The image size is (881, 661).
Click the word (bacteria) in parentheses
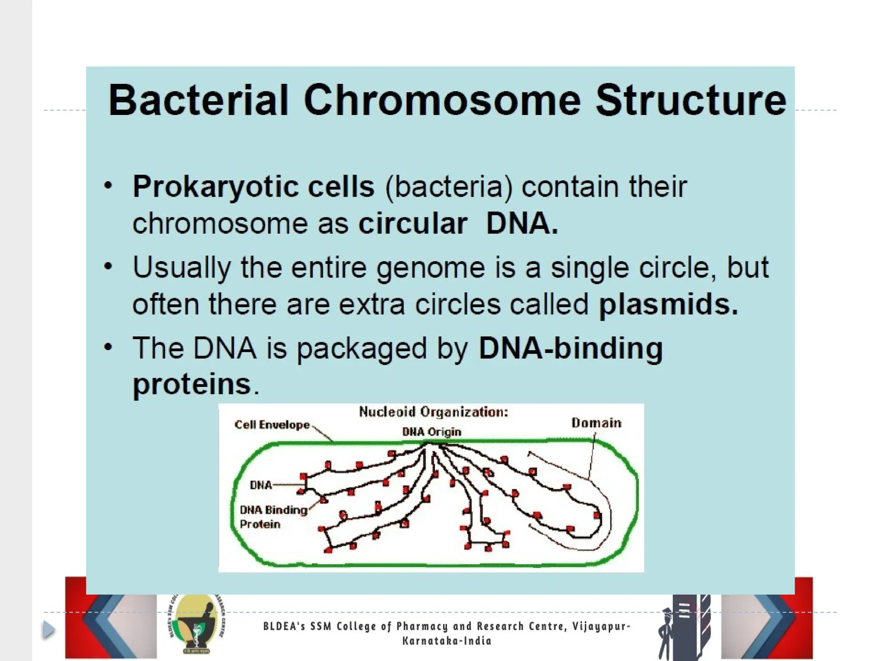(x=449, y=187)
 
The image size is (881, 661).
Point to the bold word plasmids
(x=668, y=304)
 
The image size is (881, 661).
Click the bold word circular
(x=413, y=223)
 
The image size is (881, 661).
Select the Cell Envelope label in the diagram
(x=272, y=425)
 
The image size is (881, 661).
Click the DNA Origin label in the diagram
(x=431, y=432)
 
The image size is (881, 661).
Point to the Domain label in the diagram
(x=596, y=423)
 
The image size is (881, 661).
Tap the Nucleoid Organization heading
(x=434, y=412)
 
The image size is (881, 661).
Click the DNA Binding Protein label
(x=272, y=516)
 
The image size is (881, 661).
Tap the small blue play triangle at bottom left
(x=49, y=630)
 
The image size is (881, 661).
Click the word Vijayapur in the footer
(x=601, y=626)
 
